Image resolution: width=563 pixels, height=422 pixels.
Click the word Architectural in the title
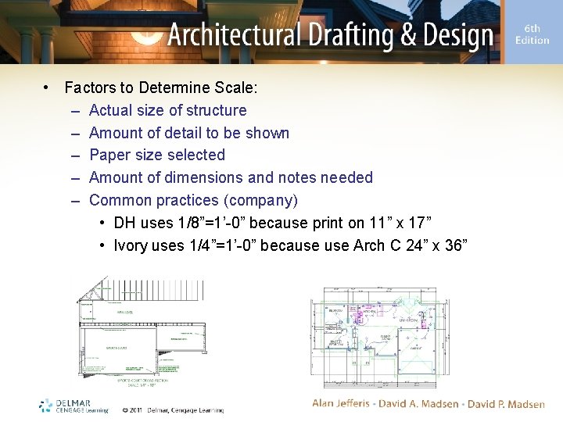click(234, 35)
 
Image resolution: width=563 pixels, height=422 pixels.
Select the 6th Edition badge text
click(532, 34)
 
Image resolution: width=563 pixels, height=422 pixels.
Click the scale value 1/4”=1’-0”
click(222, 245)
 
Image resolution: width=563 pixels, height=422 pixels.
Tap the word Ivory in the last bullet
click(131, 245)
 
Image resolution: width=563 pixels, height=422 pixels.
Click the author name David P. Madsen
click(506, 403)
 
